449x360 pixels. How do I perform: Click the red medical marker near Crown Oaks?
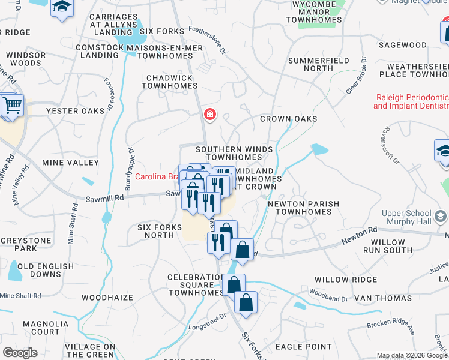point(209,114)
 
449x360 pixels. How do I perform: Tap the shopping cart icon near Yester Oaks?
point(11,106)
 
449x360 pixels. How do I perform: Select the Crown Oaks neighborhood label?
point(288,119)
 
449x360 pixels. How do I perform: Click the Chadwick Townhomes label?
point(169,82)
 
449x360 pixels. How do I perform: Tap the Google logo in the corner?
point(20,353)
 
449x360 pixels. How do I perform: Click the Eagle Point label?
point(303,347)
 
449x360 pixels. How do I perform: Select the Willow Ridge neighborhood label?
point(340,280)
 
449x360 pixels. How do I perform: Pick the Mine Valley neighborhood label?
point(70,163)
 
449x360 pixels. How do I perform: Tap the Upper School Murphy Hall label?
point(407,218)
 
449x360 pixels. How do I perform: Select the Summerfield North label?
point(310,64)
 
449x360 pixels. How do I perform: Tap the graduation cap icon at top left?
point(61,7)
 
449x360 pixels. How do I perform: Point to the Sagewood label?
point(403,45)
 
